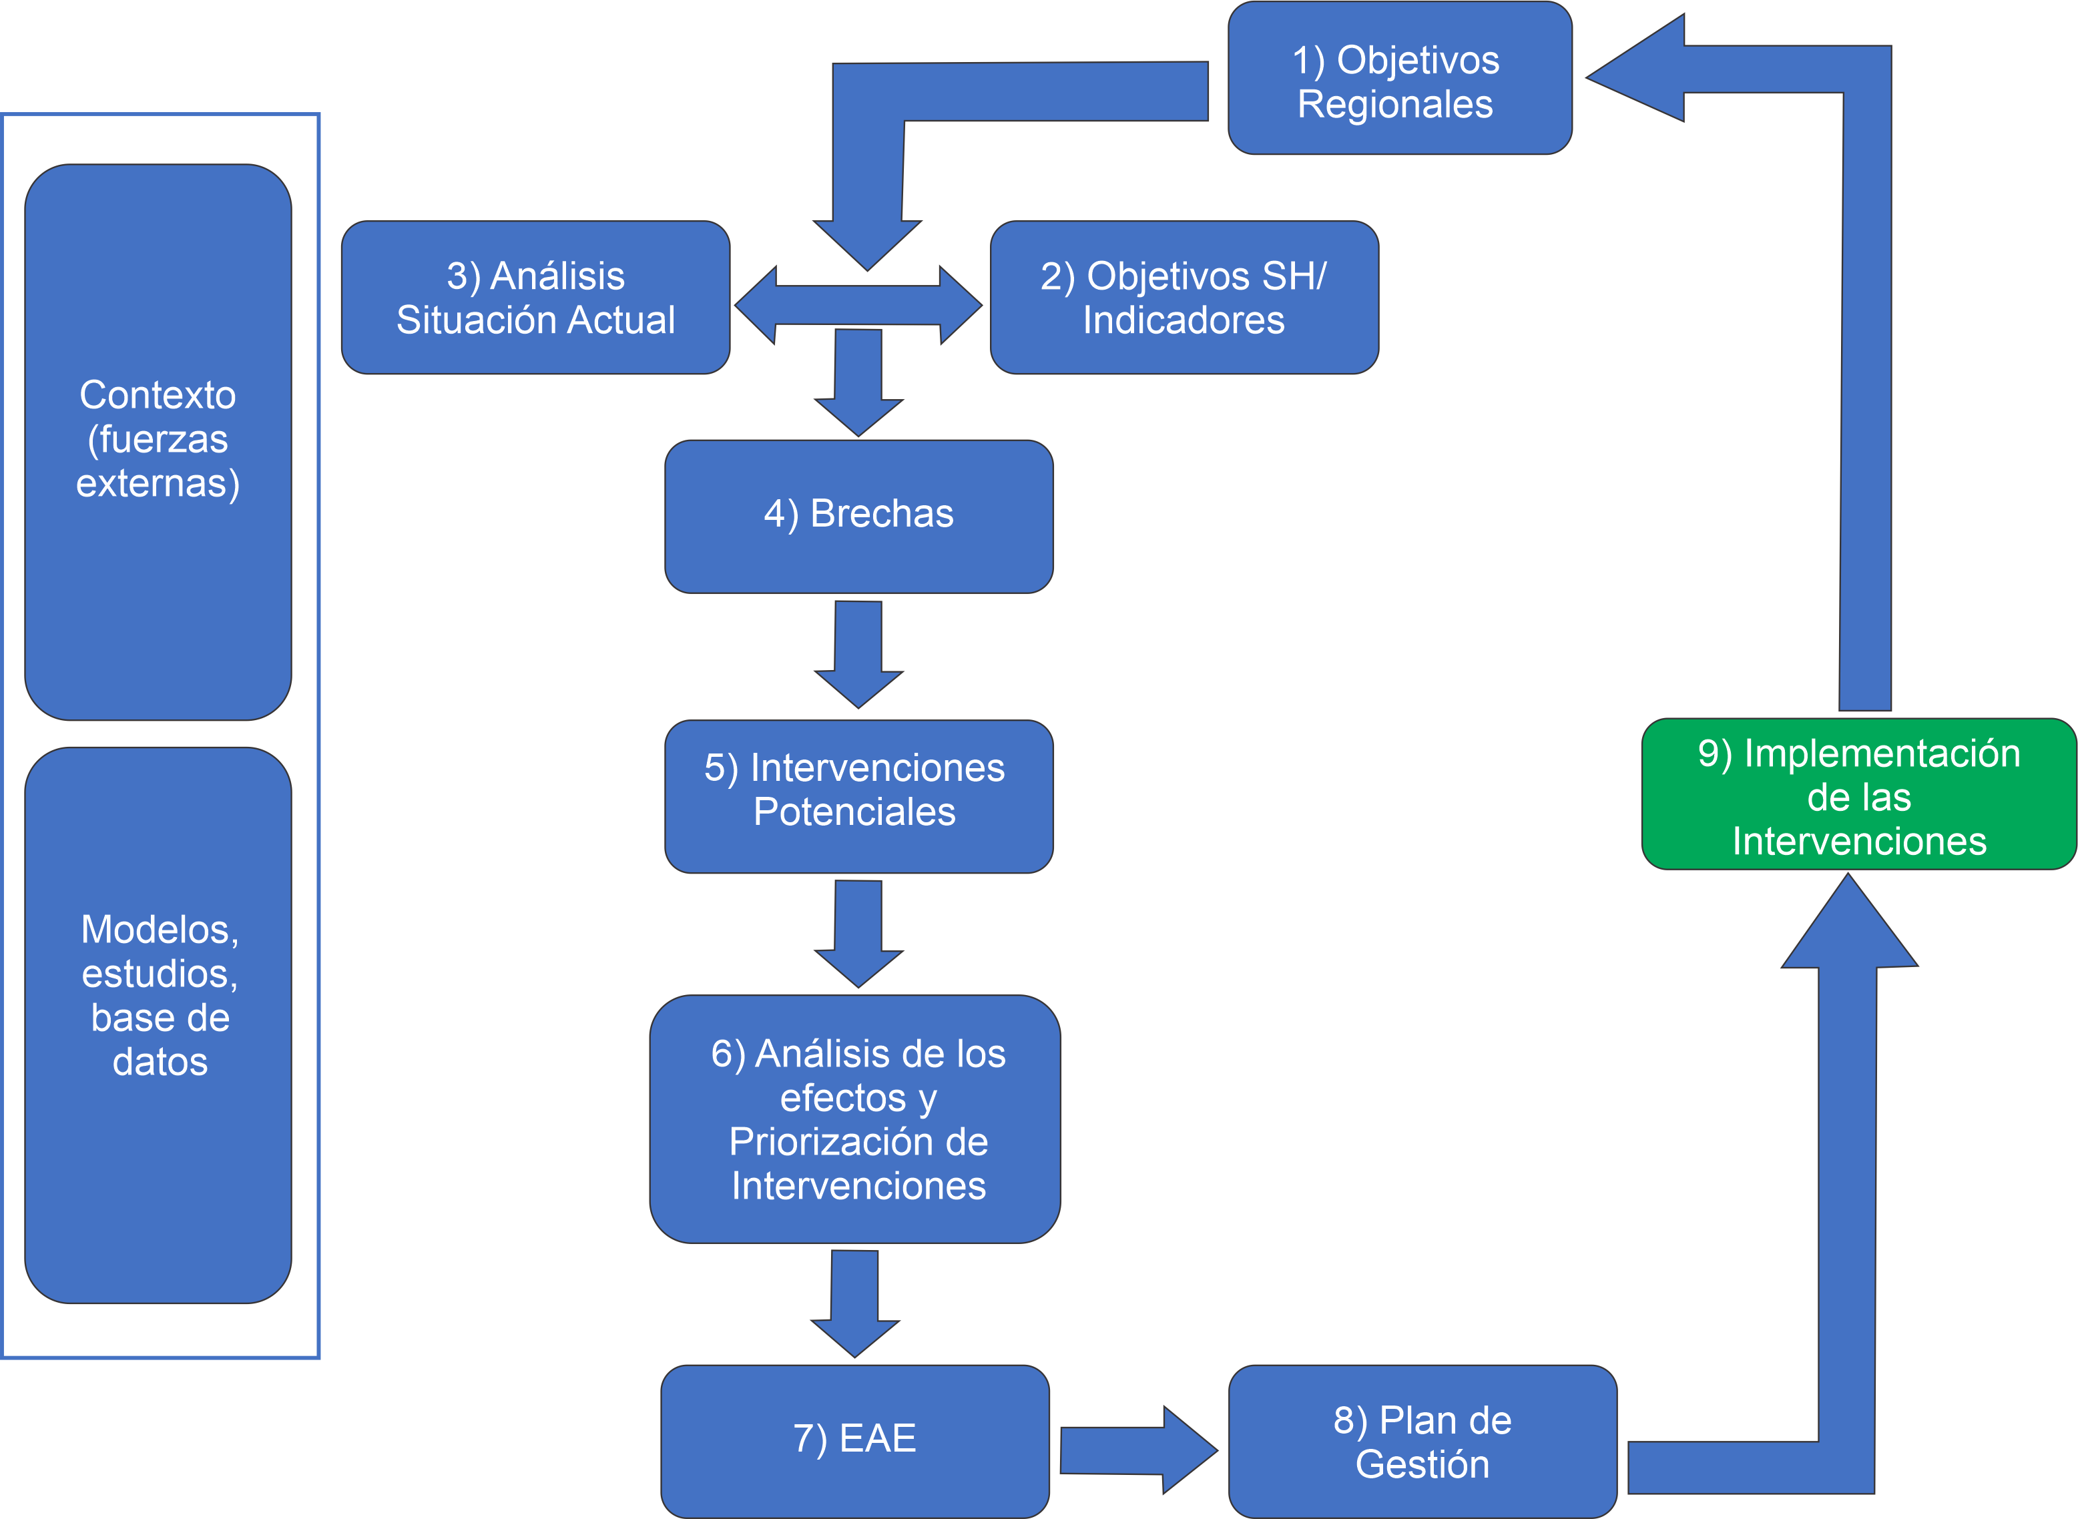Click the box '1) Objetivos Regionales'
[1399, 79]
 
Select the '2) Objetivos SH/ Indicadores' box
[1184, 297]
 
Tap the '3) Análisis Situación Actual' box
[535, 297]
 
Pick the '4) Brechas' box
[859, 516]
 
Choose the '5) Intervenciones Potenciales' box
[859, 796]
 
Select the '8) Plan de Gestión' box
[1422, 1441]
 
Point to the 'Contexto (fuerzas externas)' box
[158, 441]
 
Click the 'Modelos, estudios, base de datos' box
[158, 1024]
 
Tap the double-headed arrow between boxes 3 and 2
[859, 305]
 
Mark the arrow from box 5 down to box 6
[859, 933]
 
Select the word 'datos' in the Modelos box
[160, 1062]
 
